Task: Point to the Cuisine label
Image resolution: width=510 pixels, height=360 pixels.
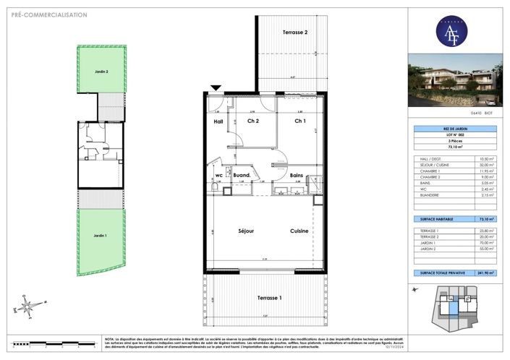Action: (x=299, y=231)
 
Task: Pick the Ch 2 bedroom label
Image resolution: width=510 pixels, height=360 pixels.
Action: (x=252, y=121)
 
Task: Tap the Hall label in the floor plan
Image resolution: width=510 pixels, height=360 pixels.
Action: (x=217, y=121)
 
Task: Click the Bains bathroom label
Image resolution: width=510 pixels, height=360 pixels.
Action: (x=296, y=175)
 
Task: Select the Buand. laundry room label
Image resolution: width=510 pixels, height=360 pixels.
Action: (x=242, y=175)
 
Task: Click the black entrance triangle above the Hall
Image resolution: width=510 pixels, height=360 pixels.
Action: (x=216, y=89)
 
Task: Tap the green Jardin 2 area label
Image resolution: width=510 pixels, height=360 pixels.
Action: (x=101, y=72)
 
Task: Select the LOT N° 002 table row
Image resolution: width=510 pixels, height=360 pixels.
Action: (x=453, y=136)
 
